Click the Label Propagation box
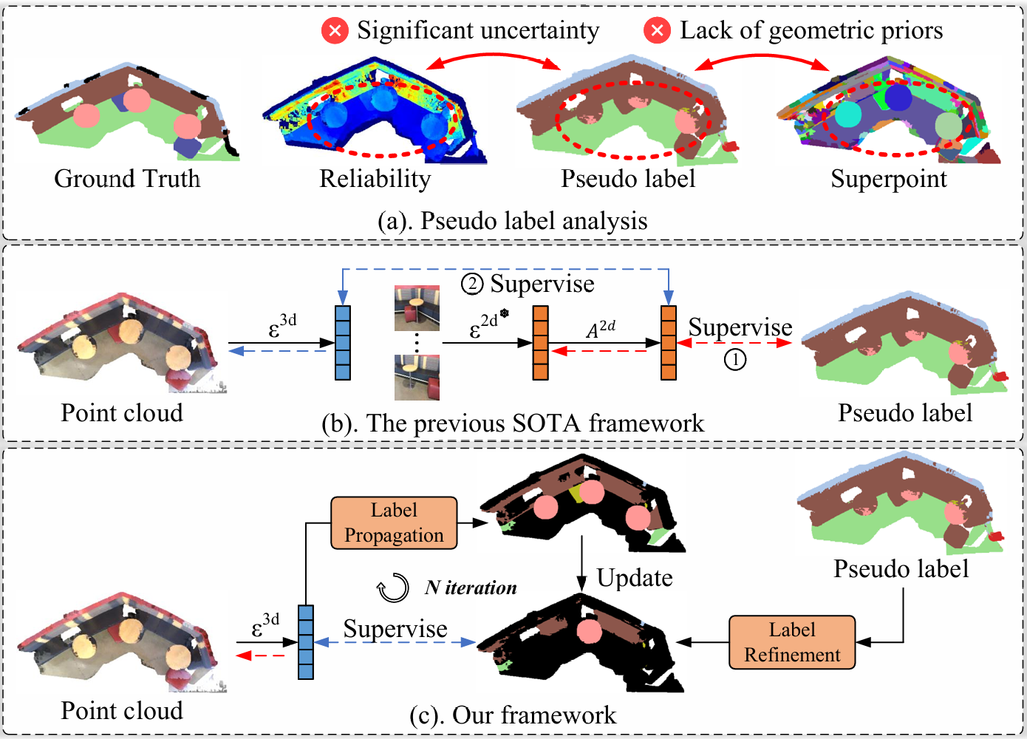coord(394,522)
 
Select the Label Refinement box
coord(792,642)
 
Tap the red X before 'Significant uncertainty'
coord(335,30)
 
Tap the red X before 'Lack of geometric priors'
coord(657,30)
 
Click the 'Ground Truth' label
coord(127,179)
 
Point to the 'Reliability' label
coord(375,179)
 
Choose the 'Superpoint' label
coord(888,179)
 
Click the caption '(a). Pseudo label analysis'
coord(512,221)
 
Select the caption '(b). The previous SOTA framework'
coord(513,423)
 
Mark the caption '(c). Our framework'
coord(512,715)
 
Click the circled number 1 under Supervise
coord(735,360)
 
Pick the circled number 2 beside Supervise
coord(472,284)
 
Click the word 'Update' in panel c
coord(635,578)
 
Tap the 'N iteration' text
coord(471,588)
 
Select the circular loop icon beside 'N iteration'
coord(393,588)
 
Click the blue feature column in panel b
coord(343,343)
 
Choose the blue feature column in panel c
coord(306,641)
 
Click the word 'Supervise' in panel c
coord(395,629)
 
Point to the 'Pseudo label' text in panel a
coord(628,179)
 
